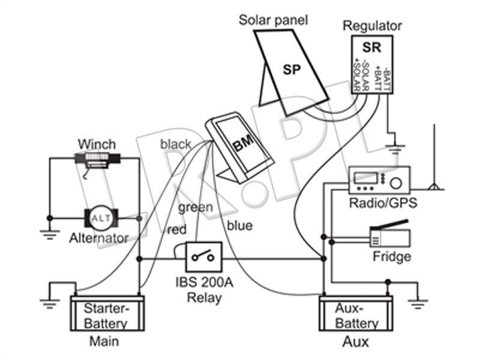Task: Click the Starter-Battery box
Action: [x=107, y=313]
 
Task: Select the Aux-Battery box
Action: [x=356, y=313]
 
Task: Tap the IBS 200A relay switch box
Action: [x=204, y=257]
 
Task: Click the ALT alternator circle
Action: [x=101, y=218]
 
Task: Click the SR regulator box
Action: [x=372, y=65]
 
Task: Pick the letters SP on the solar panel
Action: [x=292, y=70]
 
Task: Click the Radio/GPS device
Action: [x=379, y=181]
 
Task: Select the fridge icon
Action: [x=390, y=235]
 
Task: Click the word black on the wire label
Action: [x=176, y=144]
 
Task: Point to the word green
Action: [x=196, y=208]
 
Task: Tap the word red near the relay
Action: [x=177, y=230]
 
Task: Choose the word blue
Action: [x=239, y=226]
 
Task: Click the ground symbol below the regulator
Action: [x=395, y=148]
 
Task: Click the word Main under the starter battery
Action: [x=104, y=341]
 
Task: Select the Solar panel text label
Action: [x=273, y=20]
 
